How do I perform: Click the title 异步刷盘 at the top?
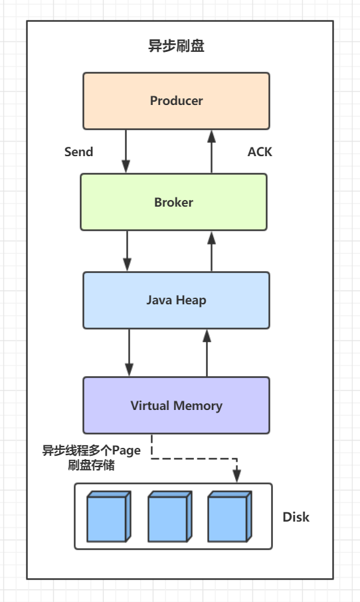[176, 46]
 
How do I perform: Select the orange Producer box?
[176, 101]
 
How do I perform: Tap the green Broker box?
[173, 202]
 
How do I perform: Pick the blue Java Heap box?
[176, 300]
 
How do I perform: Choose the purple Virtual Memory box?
[176, 405]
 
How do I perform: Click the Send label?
[78, 151]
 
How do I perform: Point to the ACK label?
[260, 151]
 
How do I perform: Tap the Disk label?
[296, 517]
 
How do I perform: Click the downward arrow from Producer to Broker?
[126, 151]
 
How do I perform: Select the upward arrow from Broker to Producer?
[211, 151]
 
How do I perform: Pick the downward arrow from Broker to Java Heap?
[127, 251]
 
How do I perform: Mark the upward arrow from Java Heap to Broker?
[211, 251]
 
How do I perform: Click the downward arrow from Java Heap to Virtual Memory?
[130, 352]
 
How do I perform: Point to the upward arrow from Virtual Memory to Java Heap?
[207, 352]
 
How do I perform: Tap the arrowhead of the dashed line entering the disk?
[237, 475]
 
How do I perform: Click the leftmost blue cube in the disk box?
[109, 516]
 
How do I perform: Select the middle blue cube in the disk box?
[169, 516]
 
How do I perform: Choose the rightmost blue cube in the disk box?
[230, 516]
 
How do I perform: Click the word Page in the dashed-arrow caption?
[126, 451]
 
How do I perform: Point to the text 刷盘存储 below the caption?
[92, 465]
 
